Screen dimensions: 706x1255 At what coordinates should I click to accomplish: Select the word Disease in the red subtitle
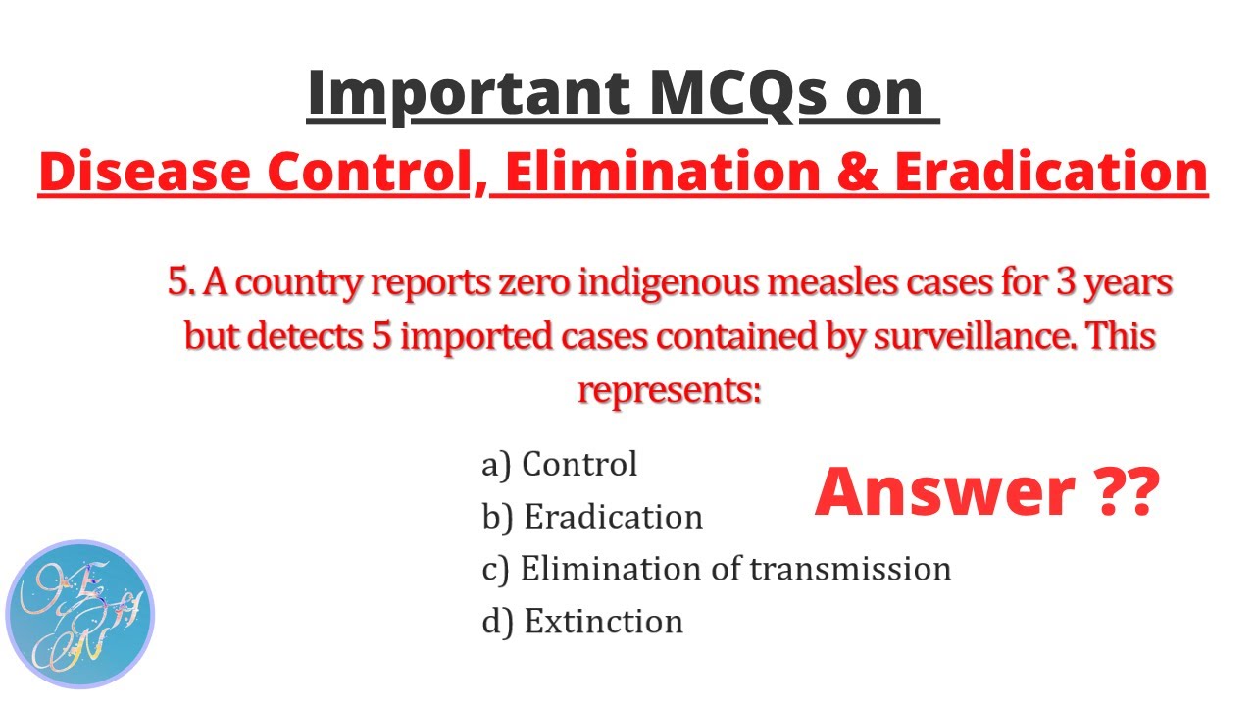(143, 172)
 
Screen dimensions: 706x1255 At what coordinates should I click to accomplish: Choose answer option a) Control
(559, 464)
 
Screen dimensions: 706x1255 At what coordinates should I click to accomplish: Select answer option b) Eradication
(592, 517)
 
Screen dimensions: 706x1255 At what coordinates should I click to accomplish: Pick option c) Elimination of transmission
(716, 569)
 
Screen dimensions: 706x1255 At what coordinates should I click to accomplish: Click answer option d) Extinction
(582, 622)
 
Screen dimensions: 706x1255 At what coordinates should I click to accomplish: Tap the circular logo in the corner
(80, 615)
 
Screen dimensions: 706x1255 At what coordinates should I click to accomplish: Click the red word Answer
(934, 492)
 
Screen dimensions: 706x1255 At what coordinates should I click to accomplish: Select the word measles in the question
(781, 283)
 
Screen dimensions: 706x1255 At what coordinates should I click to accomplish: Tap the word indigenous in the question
(626, 283)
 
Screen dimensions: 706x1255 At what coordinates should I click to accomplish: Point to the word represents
(670, 389)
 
